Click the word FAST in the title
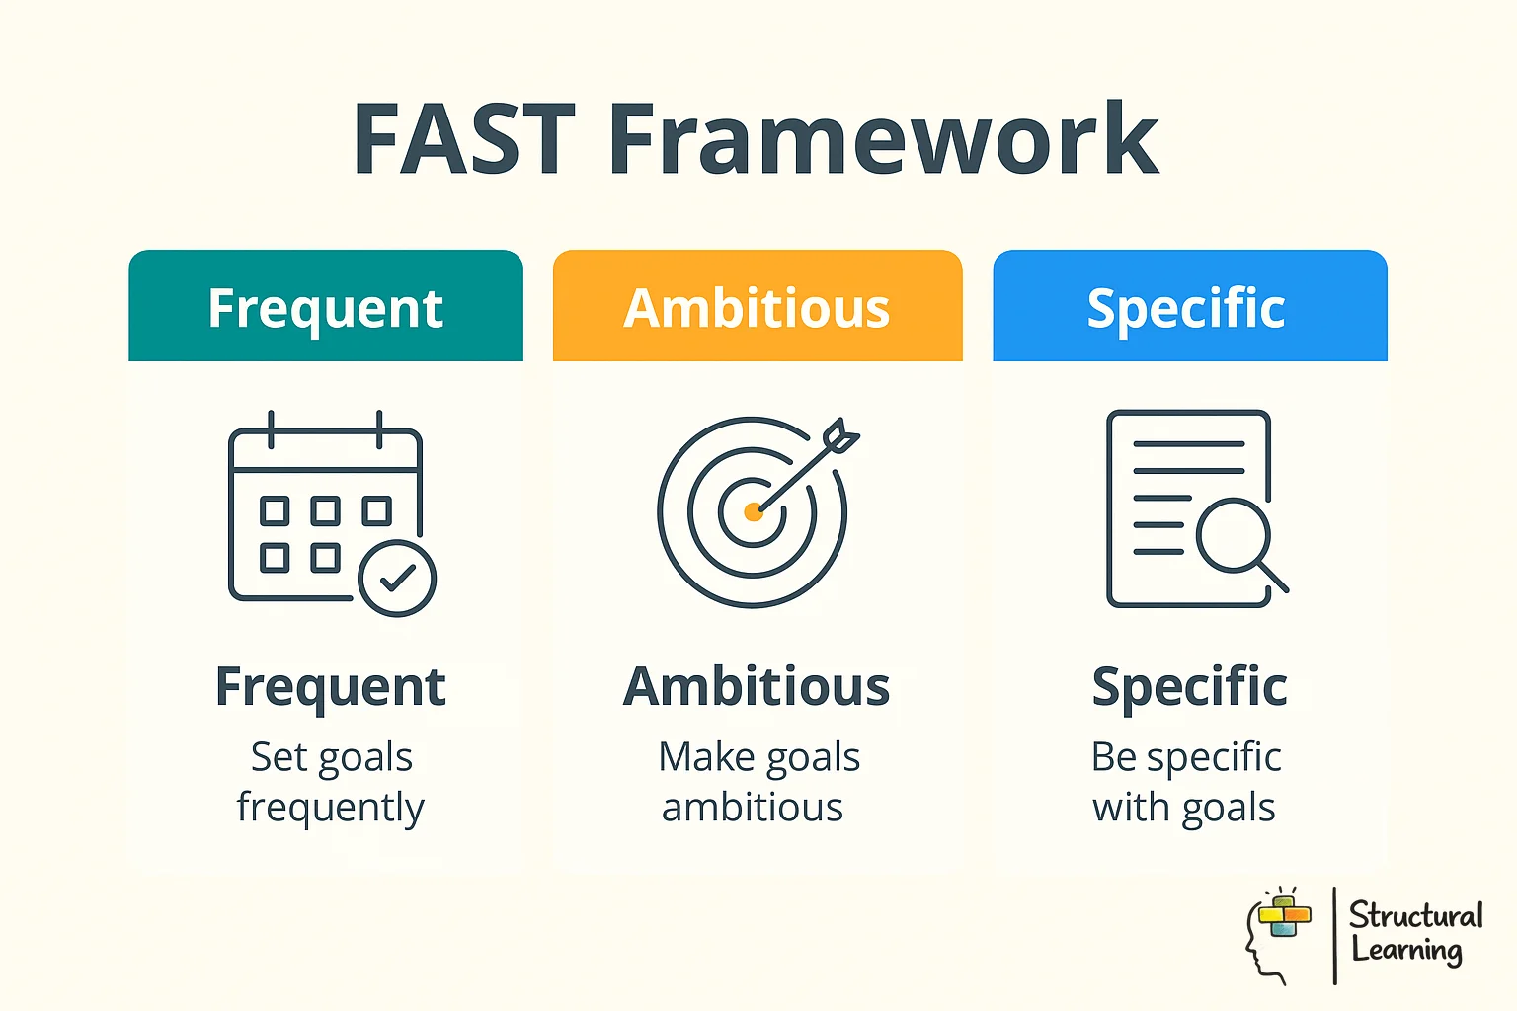tap(464, 139)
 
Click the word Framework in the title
tap(883, 139)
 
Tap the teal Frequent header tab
tap(326, 307)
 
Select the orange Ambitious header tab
tap(758, 307)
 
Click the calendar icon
tap(316, 508)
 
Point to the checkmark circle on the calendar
tap(397, 579)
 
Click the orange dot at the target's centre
tap(753, 511)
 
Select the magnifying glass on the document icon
tap(1235, 538)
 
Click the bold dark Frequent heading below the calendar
tap(331, 687)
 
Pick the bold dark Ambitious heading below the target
tap(758, 687)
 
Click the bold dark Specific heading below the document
tap(1189, 687)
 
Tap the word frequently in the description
tap(331, 808)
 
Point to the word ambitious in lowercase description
tap(753, 808)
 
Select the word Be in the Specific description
tap(1114, 757)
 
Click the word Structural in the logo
tap(1415, 915)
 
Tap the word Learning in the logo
tap(1406, 950)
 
